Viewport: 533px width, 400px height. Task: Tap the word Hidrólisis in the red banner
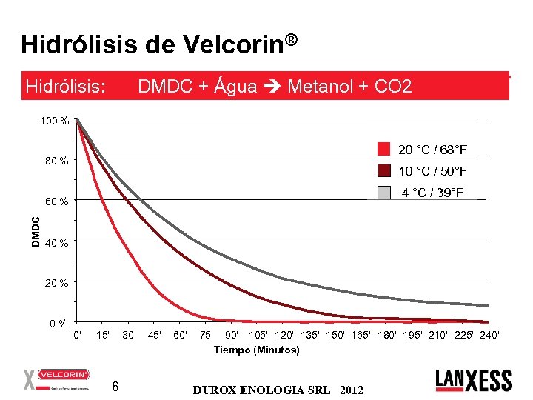pos(66,87)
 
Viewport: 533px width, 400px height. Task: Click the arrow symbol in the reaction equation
pos(272,87)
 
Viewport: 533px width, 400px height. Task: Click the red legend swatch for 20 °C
pos(383,150)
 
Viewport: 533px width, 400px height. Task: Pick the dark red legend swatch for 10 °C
pos(383,171)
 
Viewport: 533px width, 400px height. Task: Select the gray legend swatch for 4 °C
pos(383,192)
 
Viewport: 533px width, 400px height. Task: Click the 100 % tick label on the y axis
pos(55,121)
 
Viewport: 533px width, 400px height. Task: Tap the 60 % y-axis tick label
pos(57,201)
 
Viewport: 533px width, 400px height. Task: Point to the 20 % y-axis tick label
pos(57,284)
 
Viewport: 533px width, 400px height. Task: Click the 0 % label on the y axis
pos(59,324)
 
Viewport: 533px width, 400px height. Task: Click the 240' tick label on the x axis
pos(489,336)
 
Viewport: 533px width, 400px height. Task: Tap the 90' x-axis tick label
pos(232,336)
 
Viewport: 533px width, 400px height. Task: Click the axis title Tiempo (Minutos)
pos(256,350)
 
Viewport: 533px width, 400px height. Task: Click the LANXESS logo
pos(473,380)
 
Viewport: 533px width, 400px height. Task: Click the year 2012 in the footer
pos(351,389)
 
